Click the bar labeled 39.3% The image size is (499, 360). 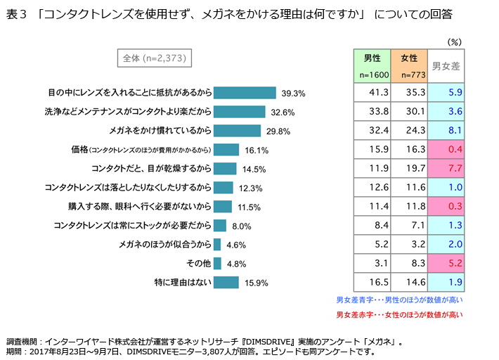(244, 93)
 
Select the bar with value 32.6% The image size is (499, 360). (239, 112)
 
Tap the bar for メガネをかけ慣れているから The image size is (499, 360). (237, 131)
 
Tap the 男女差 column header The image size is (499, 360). (446, 66)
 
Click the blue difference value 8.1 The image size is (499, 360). (455, 129)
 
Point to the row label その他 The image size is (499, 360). (198, 264)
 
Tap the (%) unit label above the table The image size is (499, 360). (455, 42)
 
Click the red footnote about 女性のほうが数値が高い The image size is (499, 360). (399, 314)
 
